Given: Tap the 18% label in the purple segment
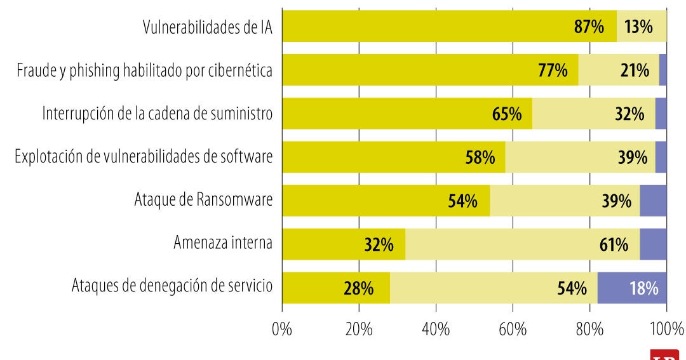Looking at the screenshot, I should click(x=643, y=288).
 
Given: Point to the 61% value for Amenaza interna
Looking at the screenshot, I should click(x=614, y=244).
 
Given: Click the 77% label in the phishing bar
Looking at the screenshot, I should click(x=553, y=70).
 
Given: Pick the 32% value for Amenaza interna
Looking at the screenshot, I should click(x=379, y=244).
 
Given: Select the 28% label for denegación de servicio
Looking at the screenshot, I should click(x=358, y=288).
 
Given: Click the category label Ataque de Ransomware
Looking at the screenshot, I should click(x=203, y=201).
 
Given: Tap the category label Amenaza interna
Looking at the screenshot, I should click(x=223, y=244).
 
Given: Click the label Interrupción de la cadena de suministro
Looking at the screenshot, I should click(x=158, y=114).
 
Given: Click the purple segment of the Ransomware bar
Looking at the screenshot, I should click(x=653, y=201).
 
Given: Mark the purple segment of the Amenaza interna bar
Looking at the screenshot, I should click(x=653, y=244).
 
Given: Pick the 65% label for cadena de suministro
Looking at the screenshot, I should click(x=507, y=114).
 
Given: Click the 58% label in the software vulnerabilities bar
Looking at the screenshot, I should click(x=480, y=157).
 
